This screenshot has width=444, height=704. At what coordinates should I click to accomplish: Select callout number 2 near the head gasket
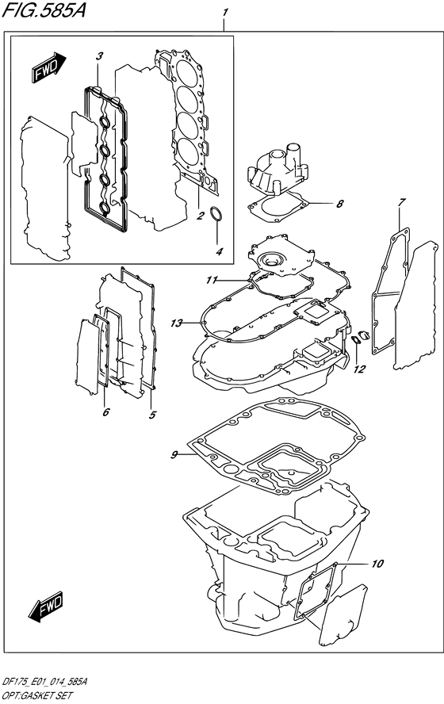pyautogui.click(x=201, y=216)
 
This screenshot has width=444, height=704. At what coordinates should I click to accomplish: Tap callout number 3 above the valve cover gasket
pyautogui.click(x=100, y=56)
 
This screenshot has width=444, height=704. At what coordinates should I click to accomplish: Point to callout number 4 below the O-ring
pyautogui.click(x=219, y=251)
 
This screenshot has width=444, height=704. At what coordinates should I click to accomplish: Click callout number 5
pyautogui.click(x=153, y=415)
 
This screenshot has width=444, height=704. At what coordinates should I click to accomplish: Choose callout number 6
pyautogui.click(x=106, y=411)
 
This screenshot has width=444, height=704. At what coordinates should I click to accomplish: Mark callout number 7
pyautogui.click(x=402, y=201)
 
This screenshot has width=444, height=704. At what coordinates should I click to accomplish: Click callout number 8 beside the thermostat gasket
pyautogui.click(x=340, y=204)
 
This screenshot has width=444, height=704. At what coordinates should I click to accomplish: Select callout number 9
pyautogui.click(x=174, y=455)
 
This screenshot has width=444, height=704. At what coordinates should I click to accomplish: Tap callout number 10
pyautogui.click(x=377, y=563)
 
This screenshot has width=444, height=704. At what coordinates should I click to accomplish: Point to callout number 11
pyautogui.click(x=212, y=280)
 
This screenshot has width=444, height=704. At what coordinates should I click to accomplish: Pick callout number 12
pyautogui.click(x=360, y=369)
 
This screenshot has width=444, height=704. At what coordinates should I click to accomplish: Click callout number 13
pyautogui.click(x=177, y=323)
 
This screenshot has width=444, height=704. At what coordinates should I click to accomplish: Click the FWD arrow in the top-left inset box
pyautogui.click(x=49, y=67)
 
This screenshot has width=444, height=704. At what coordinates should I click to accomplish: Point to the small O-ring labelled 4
pyautogui.click(x=216, y=213)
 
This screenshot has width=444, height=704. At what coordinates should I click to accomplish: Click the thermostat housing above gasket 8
pyautogui.click(x=277, y=168)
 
